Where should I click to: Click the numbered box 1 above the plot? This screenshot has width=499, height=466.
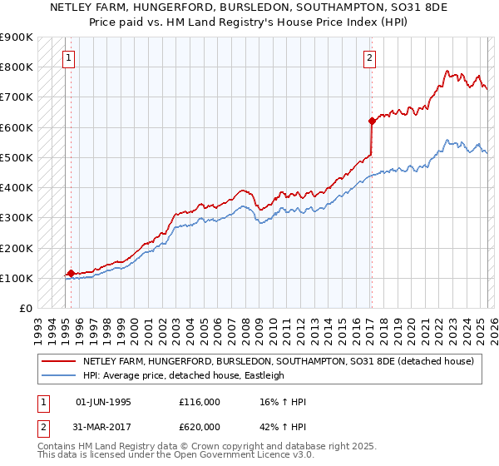67,57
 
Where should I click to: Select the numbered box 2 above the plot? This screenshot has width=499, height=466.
368,57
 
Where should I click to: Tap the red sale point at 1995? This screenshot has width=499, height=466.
71,273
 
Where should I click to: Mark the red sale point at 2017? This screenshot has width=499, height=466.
372,121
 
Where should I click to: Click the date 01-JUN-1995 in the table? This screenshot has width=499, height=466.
103,402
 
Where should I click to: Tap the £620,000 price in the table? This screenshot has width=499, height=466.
200,427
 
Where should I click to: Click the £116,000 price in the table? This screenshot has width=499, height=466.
200,402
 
